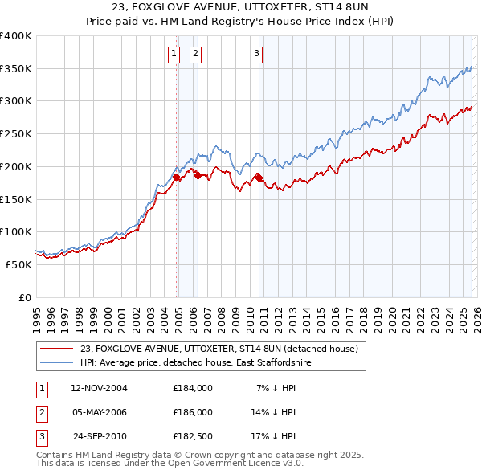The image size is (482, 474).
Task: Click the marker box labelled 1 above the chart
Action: [x=174, y=54]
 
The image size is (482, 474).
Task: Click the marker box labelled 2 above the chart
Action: [x=195, y=54]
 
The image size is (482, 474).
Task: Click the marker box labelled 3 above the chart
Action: [x=256, y=54]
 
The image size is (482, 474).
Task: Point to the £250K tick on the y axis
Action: [x=16, y=133]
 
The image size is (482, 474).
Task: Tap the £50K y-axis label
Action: [x=18, y=264]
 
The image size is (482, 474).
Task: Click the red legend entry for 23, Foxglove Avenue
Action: [x=223, y=349]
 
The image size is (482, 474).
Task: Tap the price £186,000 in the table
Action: [x=192, y=412]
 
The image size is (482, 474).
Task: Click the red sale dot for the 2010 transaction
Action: [x=259, y=176]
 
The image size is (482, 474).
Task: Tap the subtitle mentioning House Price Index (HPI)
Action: [x=241, y=22]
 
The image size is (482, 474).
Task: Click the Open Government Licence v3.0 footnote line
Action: [x=170, y=464]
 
